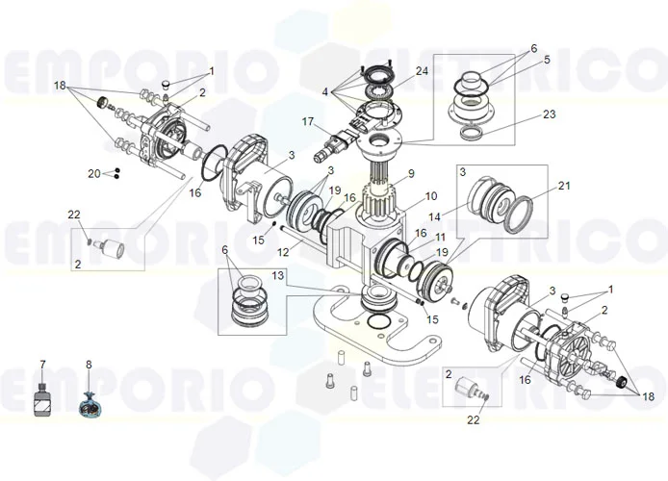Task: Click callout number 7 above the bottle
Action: (x=41, y=365)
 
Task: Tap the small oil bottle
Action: (x=41, y=400)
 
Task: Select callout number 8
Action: (x=89, y=365)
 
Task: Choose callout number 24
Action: (x=422, y=70)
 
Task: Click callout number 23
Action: (x=550, y=114)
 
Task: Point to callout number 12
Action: (x=283, y=252)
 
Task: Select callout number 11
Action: (x=440, y=237)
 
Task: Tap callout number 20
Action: (x=93, y=173)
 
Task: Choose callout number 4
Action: (x=325, y=92)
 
